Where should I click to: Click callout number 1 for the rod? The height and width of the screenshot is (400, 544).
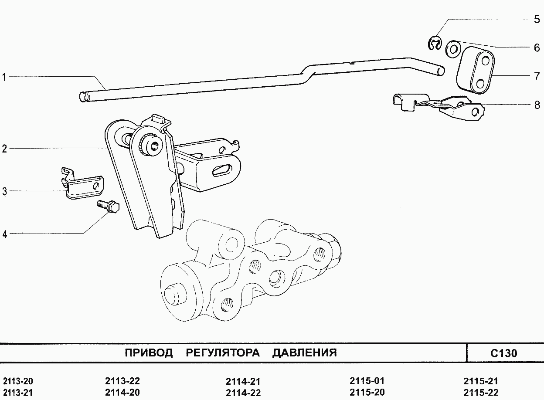click(x=4, y=78)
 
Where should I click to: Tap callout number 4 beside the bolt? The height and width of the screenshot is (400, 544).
click(x=5, y=234)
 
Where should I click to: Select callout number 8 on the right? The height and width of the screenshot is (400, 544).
click(x=537, y=105)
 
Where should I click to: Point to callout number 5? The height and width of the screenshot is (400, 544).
click(x=537, y=20)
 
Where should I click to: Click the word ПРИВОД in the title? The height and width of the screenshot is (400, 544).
click(x=149, y=353)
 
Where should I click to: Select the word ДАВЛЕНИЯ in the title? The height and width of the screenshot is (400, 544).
click(x=305, y=353)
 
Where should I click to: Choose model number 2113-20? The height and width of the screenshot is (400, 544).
click(x=18, y=380)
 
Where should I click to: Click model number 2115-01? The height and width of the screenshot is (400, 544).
click(x=367, y=380)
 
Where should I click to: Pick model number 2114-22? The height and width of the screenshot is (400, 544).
click(x=243, y=392)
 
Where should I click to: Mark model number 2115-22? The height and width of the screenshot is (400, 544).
click(x=481, y=392)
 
